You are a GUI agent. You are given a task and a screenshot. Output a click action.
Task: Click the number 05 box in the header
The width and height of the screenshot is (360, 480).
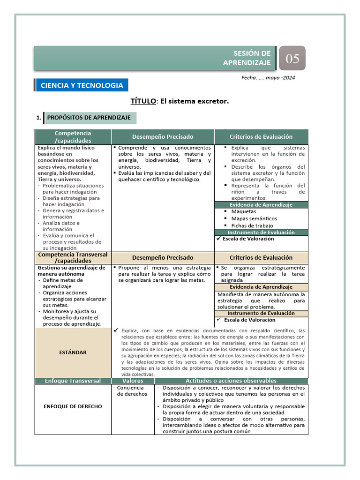click(x=292, y=59)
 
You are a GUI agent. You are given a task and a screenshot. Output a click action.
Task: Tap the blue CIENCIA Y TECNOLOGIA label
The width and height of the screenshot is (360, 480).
click(x=82, y=85)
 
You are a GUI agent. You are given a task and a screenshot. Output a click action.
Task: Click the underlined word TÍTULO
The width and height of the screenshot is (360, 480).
click(x=143, y=101)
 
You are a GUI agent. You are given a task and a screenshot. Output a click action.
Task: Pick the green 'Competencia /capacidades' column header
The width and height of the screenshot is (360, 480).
click(x=73, y=137)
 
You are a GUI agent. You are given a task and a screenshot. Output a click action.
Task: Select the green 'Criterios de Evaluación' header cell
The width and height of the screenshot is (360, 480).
click(x=261, y=137)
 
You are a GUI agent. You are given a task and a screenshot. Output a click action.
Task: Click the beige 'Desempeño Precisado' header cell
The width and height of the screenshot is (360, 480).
click(x=163, y=258)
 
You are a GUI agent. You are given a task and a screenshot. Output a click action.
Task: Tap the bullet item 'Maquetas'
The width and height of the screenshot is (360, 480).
click(x=244, y=211)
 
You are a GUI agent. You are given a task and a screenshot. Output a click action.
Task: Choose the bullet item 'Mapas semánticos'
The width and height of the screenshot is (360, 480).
click(x=254, y=218)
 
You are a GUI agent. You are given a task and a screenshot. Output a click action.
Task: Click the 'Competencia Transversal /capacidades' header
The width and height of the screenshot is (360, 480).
click(x=73, y=258)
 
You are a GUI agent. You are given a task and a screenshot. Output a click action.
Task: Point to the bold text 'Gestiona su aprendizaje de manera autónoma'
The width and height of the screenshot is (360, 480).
click(x=70, y=270)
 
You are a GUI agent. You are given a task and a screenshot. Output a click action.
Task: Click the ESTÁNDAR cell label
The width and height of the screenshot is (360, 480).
click(x=73, y=352)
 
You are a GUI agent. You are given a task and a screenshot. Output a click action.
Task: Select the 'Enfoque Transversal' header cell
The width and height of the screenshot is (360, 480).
click(x=73, y=381)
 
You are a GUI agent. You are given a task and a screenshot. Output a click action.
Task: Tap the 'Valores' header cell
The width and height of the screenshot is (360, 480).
click(x=133, y=381)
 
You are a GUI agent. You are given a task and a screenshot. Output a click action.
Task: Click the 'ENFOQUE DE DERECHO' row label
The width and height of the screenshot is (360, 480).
click(x=73, y=406)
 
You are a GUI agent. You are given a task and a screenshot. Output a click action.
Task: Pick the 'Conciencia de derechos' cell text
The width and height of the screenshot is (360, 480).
click(x=132, y=391)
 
